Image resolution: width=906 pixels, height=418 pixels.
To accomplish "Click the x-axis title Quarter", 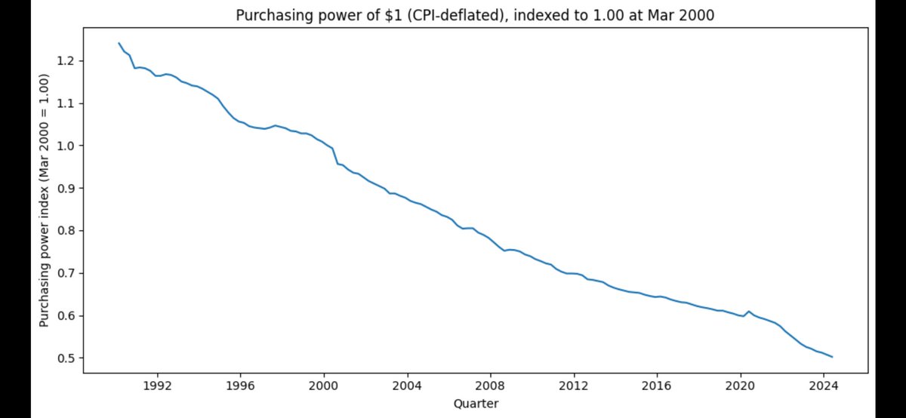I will (x=476, y=404).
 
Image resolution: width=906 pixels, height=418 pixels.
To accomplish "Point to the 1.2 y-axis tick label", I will (x=66, y=60).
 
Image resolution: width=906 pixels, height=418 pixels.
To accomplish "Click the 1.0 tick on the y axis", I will (x=66, y=146).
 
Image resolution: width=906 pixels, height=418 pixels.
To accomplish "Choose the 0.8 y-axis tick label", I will (x=66, y=230).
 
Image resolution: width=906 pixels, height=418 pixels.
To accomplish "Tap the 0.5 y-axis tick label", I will (x=66, y=358).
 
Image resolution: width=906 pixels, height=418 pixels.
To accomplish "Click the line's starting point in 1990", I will (x=119, y=43).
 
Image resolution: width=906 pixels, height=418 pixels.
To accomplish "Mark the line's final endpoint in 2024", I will (x=832, y=357).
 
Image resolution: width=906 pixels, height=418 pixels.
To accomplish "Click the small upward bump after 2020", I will (x=748, y=311).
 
